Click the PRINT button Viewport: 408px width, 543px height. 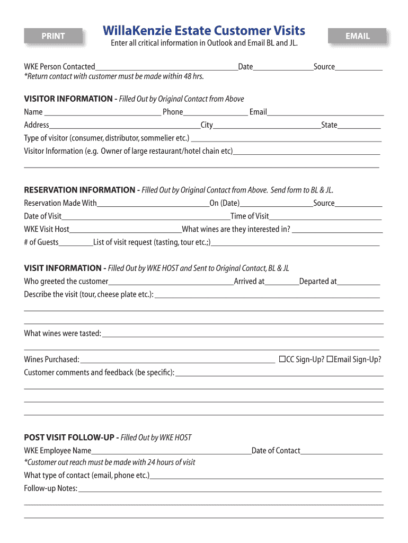tap(54, 36)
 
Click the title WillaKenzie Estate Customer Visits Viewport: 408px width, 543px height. tap(204, 30)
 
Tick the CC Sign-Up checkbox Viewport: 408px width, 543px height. tap(282, 360)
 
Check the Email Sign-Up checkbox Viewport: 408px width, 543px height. tap(330, 360)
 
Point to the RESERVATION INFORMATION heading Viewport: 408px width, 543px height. tap(79, 190)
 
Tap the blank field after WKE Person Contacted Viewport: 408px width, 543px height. tap(166, 67)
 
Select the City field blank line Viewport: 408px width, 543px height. tap(267, 126)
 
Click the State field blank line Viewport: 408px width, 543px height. tap(359, 126)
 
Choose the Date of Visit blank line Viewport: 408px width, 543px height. tap(146, 216)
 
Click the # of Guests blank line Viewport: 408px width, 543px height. tap(76, 243)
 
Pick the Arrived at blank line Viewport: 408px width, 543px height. tap(281, 282)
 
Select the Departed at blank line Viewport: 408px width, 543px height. tap(358, 282)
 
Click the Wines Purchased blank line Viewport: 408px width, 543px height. tap(178, 360)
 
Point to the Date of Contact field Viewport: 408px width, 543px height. tap(341, 451)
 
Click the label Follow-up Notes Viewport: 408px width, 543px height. tap(50, 488)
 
